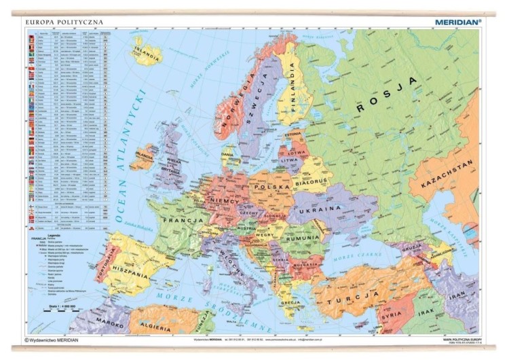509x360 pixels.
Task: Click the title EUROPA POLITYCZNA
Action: (64, 22)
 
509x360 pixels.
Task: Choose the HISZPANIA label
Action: (140, 278)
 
